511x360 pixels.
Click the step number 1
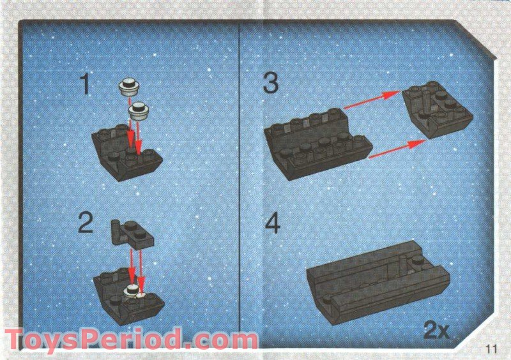coord(85,84)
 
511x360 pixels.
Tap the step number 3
coord(271,83)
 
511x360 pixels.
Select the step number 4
coord(273,223)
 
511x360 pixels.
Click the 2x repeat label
coord(436,331)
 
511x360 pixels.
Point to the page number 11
coord(491,349)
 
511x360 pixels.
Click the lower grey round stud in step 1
coord(139,111)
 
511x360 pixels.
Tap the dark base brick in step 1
coord(126,152)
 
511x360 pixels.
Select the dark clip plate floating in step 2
coord(132,233)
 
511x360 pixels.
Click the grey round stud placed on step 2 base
coord(132,290)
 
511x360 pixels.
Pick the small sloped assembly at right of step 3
coord(438,109)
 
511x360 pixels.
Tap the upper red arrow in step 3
coord(372,100)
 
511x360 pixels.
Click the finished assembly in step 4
coord(378,283)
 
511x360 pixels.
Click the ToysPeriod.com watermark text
coord(131,339)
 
